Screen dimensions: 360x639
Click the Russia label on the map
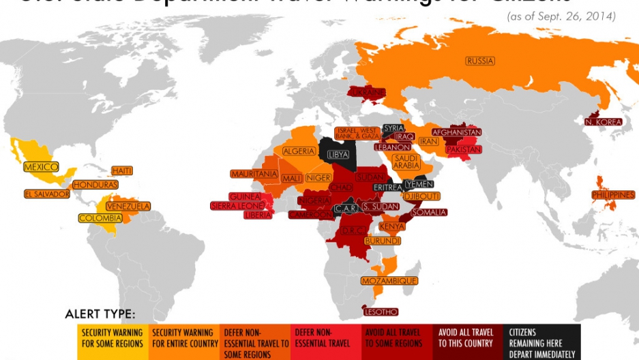coord(480,61)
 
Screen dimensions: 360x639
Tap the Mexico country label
coord(41,167)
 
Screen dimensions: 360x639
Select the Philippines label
coord(613,194)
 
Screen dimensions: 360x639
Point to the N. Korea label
coord(604,122)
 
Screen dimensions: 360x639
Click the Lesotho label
coord(381,312)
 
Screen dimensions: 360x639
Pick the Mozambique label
coord(390,280)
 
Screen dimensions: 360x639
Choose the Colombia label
coord(100,218)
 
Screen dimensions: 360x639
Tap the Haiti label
coord(122,170)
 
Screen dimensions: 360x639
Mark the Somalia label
coord(428,212)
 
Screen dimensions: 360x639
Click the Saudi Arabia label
coord(406,161)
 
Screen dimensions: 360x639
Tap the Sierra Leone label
coord(236,205)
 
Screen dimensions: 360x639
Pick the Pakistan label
coord(464,149)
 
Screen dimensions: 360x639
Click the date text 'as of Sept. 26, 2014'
coord(561,16)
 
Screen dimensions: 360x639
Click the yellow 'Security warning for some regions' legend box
coord(112,338)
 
